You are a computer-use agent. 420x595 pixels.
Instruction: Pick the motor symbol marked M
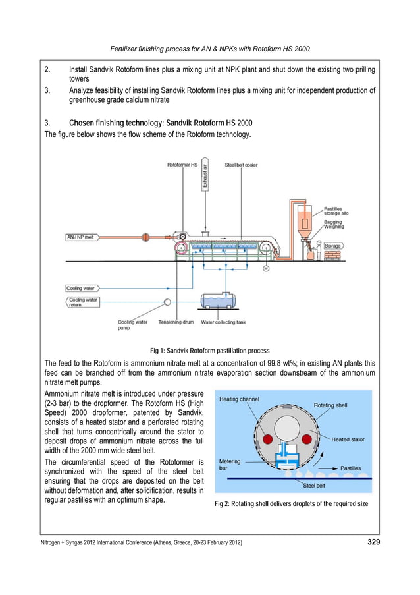(x=265, y=269)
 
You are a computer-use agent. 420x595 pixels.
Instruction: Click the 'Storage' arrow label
(x=332, y=246)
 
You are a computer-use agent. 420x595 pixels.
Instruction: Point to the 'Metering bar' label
(x=230, y=465)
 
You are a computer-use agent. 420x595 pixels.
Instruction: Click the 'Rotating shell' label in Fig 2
(x=332, y=405)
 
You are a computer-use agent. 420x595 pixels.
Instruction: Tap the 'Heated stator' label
(x=348, y=439)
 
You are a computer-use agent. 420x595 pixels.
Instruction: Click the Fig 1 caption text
(x=210, y=351)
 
